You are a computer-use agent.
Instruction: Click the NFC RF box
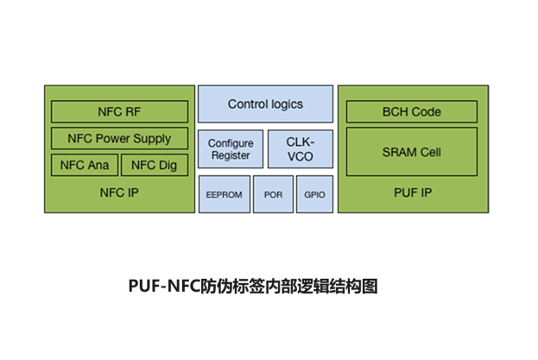click(119, 111)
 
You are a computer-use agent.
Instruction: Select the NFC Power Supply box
click(119, 138)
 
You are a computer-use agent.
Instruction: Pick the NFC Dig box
click(154, 165)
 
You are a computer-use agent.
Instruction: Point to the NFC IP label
click(119, 193)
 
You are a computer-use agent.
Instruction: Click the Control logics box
click(265, 104)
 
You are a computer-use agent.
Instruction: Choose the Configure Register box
click(230, 149)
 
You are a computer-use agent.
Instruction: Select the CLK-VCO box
click(300, 149)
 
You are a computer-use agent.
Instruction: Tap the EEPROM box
click(223, 194)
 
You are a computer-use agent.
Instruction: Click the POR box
click(273, 194)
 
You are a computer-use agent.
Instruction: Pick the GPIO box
click(314, 194)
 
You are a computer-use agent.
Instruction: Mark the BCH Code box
click(411, 111)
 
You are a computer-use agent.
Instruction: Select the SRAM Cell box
click(411, 152)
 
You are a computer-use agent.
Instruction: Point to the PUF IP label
click(411, 193)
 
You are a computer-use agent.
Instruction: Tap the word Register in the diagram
click(230, 155)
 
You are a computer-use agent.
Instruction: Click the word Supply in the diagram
click(151, 138)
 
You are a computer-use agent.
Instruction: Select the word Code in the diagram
click(426, 111)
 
